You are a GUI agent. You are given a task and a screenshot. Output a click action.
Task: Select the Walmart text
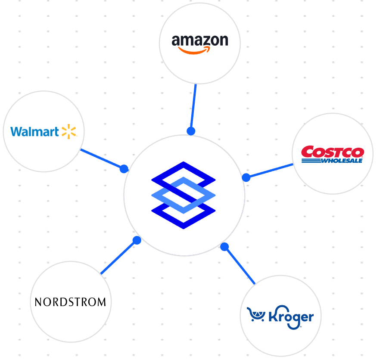click(34, 131)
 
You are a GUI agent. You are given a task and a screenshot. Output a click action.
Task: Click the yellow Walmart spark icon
click(69, 131)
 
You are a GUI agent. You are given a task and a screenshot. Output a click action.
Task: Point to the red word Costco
click(332, 152)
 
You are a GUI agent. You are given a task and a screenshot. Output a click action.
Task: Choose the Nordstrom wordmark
click(70, 302)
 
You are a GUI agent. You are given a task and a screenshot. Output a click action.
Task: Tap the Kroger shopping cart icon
click(256, 315)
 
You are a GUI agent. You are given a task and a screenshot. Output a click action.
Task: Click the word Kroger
click(291, 317)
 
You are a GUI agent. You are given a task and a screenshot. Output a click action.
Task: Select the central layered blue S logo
click(184, 195)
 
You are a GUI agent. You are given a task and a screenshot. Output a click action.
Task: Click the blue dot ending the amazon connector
click(191, 131)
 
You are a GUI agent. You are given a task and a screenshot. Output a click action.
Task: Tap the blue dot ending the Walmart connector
click(124, 169)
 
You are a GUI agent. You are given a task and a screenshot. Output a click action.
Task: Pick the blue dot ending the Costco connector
click(246, 177)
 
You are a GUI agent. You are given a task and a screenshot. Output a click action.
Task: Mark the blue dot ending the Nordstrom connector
click(137, 240)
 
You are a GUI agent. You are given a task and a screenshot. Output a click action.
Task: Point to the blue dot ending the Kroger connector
click(224, 247)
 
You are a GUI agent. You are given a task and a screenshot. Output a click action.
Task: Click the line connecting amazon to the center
click(193, 108)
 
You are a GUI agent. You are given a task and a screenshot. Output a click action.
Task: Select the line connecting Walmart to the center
click(102, 159)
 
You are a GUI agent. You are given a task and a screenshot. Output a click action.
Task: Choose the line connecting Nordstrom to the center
click(118, 257)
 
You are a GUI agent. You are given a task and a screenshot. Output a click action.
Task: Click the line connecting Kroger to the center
click(240, 265)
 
